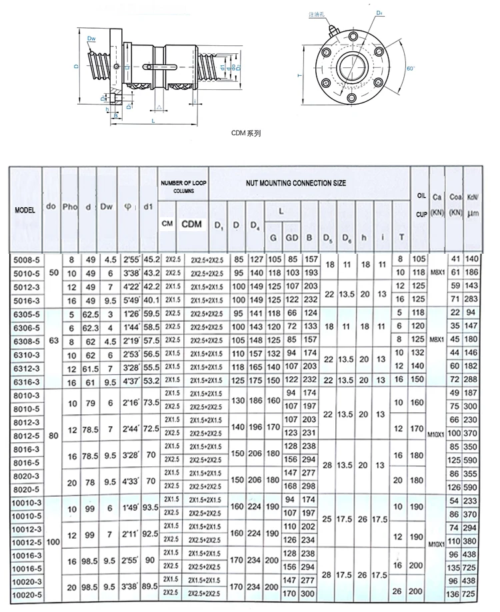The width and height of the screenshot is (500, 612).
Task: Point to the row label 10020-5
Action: (25, 593)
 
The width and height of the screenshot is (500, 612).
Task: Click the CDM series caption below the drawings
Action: (246, 133)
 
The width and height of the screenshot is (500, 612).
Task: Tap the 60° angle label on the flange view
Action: (410, 69)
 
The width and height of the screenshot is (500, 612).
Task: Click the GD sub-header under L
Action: (291, 237)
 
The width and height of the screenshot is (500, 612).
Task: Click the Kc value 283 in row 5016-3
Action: (473, 299)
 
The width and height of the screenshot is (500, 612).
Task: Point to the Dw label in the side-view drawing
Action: (91, 40)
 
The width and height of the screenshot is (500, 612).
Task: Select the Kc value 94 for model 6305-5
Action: (473, 313)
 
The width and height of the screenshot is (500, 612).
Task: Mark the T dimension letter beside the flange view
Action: (301, 76)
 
